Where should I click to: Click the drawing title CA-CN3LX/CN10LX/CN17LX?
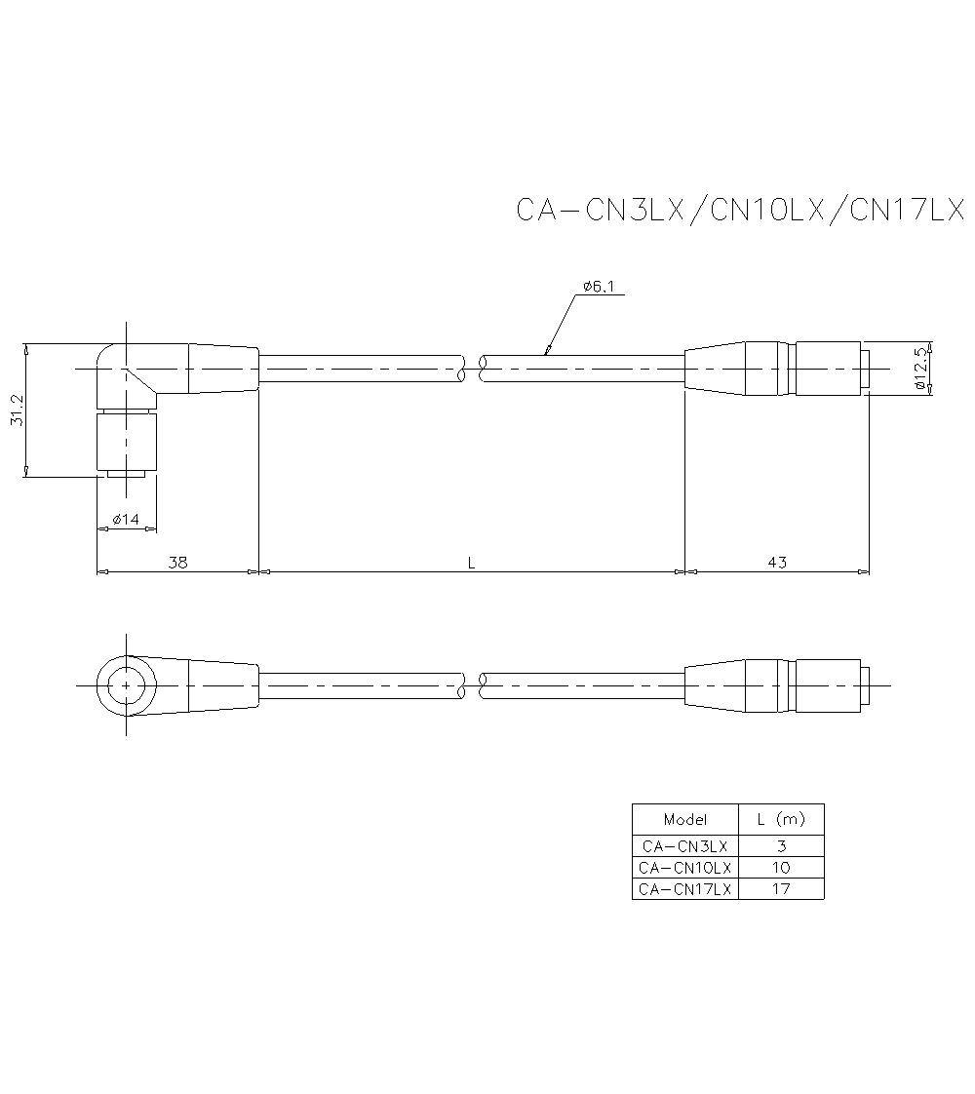(739, 211)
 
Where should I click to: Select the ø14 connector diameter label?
(126, 519)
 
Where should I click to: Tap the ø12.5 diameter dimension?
(920, 370)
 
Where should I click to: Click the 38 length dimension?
(177, 562)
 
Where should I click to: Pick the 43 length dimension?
(777, 562)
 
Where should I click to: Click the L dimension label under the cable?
(471, 562)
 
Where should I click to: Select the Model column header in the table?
(685, 819)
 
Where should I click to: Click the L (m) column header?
(781, 819)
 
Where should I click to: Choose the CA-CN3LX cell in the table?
(685, 845)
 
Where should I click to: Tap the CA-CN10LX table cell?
(685, 867)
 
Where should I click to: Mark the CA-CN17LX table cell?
(685, 888)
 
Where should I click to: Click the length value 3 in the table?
(781, 845)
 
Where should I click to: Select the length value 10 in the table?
(781, 867)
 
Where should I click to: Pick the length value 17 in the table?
(781, 888)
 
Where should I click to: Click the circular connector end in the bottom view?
(127, 686)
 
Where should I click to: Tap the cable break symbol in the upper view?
(472, 369)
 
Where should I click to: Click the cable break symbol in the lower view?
(472, 686)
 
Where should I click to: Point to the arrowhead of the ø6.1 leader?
(548, 351)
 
